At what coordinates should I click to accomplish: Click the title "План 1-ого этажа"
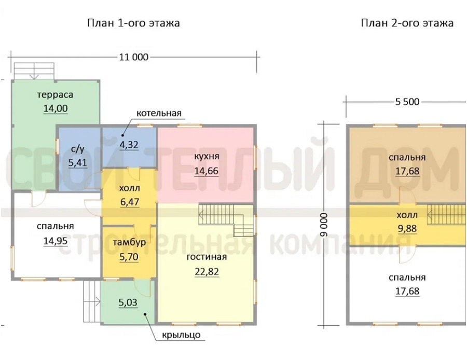(133, 23)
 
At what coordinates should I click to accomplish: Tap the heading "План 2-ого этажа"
(407, 23)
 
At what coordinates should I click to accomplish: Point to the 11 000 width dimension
(134, 57)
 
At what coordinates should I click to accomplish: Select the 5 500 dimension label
(407, 102)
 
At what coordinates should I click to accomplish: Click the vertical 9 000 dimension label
(324, 225)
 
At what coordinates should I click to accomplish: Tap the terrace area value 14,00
(56, 108)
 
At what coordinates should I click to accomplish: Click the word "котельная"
(159, 114)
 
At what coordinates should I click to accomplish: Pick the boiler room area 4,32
(129, 145)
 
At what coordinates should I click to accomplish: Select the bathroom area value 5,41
(77, 162)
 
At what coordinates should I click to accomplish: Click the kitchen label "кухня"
(207, 157)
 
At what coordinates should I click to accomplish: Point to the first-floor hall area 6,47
(130, 202)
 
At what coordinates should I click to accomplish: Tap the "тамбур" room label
(129, 242)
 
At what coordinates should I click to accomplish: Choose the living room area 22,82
(207, 272)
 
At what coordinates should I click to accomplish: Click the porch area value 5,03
(128, 302)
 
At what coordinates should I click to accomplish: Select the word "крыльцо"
(182, 335)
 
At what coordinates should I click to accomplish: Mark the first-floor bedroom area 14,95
(56, 241)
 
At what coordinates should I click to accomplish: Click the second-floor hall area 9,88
(407, 229)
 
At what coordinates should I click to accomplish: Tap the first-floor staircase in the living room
(226, 219)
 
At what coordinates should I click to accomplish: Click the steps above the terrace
(34, 71)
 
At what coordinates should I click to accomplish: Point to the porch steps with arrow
(92, 301)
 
